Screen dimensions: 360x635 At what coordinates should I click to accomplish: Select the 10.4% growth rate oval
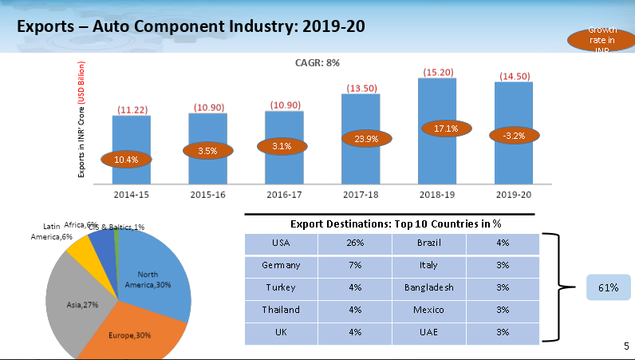pyautogui.click(x=128, y=160)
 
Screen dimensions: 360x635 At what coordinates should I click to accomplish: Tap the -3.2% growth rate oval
pyautogui.click(x=513, y=136)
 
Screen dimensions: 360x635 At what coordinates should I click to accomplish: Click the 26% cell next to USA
pyautogui.click(x=355, y=243)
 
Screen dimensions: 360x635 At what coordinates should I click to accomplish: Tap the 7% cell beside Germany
pyautogui.click(x=355, y=264)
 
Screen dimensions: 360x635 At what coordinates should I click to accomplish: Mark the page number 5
pyautogui.click(x=625, y=346)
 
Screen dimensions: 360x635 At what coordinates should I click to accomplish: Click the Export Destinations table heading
pyautogui.click(x=390, y=224)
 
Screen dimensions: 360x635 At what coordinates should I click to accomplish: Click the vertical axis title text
pyautogui.click(x=81, y=120)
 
